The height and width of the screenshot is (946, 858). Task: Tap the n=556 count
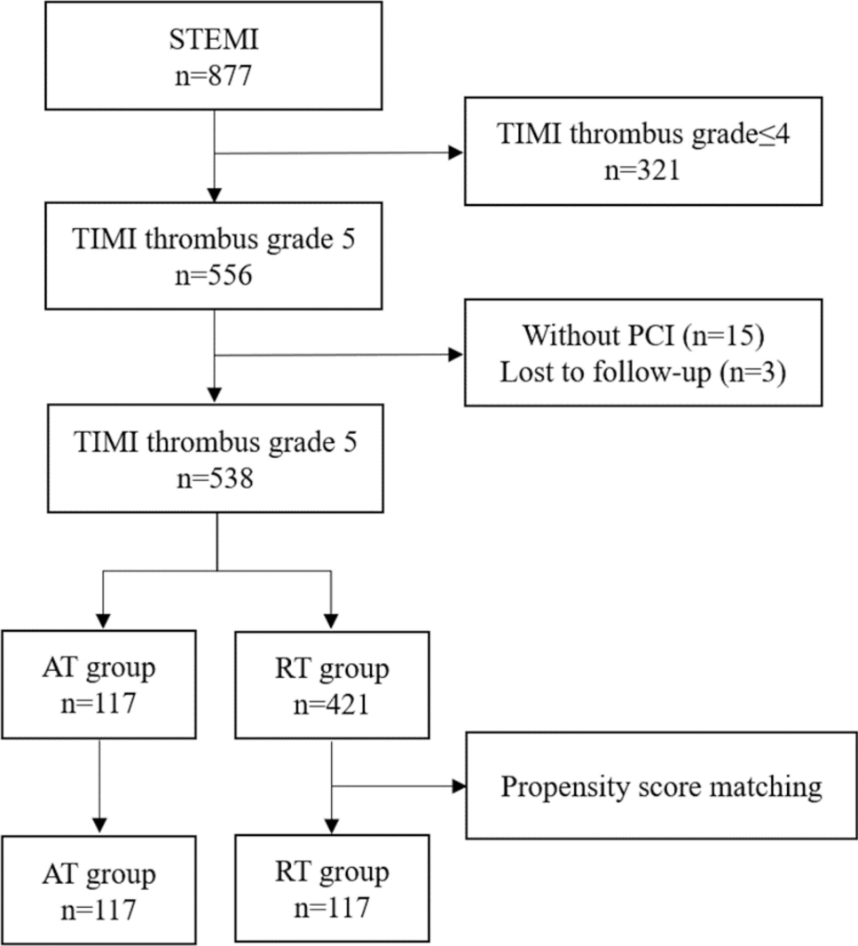tap(215, 276)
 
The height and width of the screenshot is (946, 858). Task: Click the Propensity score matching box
tap(661, 787)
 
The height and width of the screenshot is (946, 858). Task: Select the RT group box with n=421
tap(331, 683)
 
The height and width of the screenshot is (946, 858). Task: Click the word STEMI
tap(215, 41)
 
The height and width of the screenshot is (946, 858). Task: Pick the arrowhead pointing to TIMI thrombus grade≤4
tap(456, 153)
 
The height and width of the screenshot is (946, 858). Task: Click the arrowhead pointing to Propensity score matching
tap(458, 787)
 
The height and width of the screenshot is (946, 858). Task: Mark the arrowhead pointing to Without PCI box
tap(456, 355)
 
